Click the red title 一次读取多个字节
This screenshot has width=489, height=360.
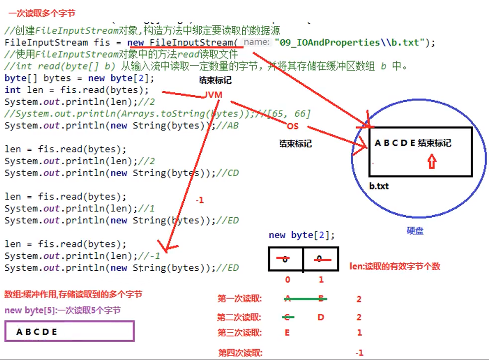point(42,13)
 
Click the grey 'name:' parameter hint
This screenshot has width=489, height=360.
point(257,42)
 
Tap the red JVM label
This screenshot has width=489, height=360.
point(213,95)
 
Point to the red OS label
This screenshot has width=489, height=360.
point(292,126)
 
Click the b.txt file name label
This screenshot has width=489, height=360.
point(379,186)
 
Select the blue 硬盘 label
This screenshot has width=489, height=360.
point(415,231)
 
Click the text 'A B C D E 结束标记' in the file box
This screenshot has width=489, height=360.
point(413,143)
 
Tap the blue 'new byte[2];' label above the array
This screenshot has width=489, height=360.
point(301,235)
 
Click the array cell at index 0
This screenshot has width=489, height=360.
point(285,259)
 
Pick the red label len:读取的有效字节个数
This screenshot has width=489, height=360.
point(395,266)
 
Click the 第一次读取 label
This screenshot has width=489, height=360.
point(240,299)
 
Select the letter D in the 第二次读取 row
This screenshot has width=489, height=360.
point(321,317)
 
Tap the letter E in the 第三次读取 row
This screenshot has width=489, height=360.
point(287,333)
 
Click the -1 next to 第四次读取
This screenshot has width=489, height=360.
point(359,353)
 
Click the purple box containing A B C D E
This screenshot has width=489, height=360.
point(69,331)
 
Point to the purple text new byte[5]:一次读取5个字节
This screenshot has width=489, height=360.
point(62,310)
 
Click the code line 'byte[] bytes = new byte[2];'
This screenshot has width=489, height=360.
point(79,78)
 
